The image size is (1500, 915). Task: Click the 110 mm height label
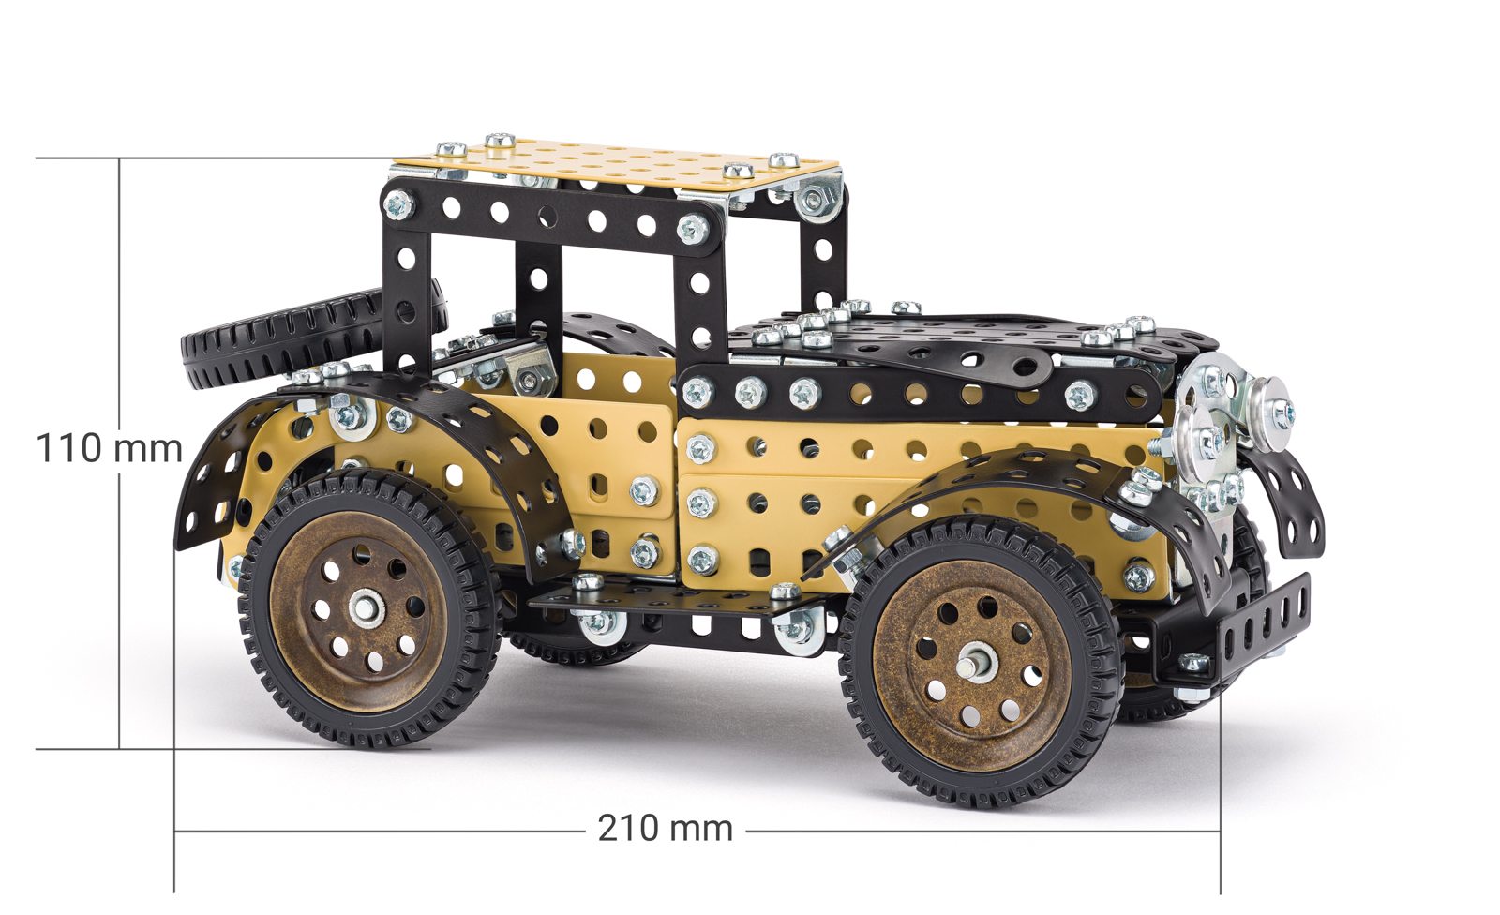pyautogui.click(x=109, y=448)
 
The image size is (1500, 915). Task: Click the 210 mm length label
pyautogui.click(x=665, y=829)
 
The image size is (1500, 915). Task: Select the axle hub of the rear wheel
pyautogui.click(x=366, y=608)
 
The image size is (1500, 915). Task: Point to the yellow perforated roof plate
pyautogui.click(x=616, y=164)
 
